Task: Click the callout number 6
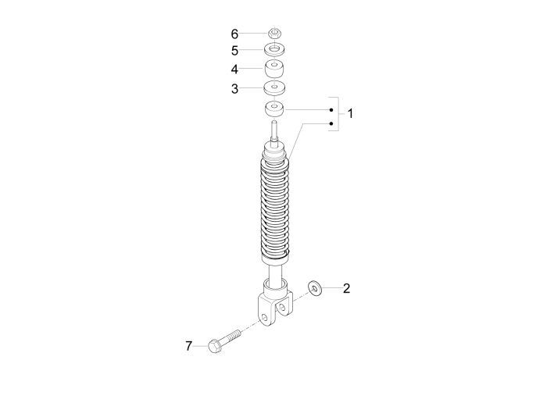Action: pyautogui.click(x=234, y=34)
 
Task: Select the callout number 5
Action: pyautogui.click(x=234, y=51)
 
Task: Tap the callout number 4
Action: pyautogui.click(x=234, y=69)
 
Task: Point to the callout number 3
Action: pyautogui.click(x=234, y=88)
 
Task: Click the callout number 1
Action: pyautogui.click(x=350, y=114)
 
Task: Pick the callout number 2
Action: pyautogui.click(x=347, y=288)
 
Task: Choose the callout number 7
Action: pyautogui.click(x=188, y=346)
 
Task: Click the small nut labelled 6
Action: pyautogui.click(x=274, y=33)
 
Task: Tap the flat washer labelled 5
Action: pyautogui.click(x=274, y=51)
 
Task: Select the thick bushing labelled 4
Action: pyautogui.click(x=274, y=68)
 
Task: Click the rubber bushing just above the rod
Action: pyautogui.click(x=274, y=107)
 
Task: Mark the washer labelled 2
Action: pyautogui.click(x=315, y=288)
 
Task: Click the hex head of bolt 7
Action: pyautogui.click(x=214, y=345)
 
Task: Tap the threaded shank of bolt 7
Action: pyautogui.click(x=231, y=337)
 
